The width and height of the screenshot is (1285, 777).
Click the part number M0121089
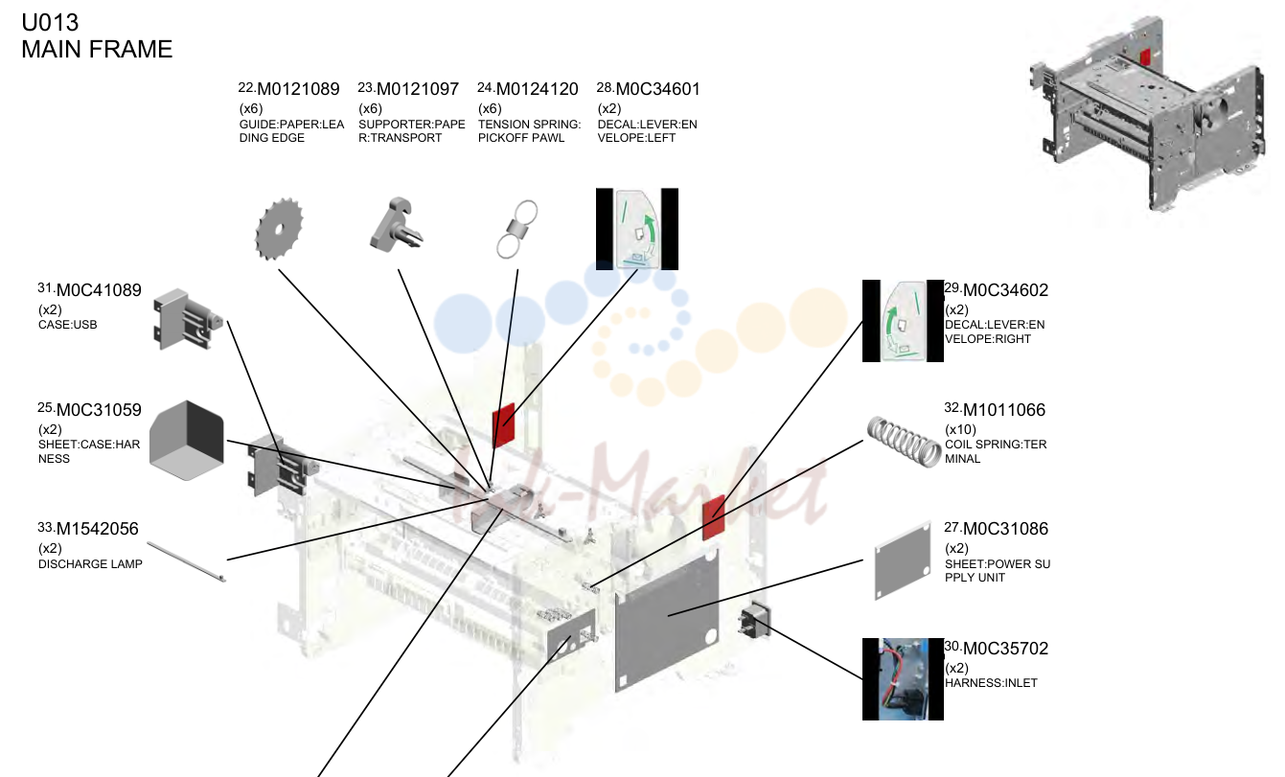coord(298,89)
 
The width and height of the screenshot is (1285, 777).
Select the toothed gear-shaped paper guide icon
coord(279,229)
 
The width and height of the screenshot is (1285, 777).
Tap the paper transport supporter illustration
coord(396,224)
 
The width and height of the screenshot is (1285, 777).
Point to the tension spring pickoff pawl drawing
coord(516,229)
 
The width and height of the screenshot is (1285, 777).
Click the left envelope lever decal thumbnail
coord(637,229)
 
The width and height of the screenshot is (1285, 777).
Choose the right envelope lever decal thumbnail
coord(903,321)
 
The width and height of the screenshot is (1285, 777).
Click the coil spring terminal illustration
coord(904,442)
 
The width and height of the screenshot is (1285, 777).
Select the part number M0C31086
coord(1005,529)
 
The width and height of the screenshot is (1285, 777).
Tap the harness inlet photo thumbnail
coord(903,679)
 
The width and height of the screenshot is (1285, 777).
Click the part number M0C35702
coord(1005,649)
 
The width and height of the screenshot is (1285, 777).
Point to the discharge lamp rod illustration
coord(187,562)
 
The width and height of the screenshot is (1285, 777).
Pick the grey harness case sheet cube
coord(187,441)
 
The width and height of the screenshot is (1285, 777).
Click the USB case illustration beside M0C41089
coord(188,319)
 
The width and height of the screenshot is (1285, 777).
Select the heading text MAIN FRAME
coord(97,49)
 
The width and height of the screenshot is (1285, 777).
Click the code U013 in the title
coord(50,23)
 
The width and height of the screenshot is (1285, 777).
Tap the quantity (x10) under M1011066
coord(960,429)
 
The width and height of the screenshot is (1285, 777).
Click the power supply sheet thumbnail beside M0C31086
coord(903,560)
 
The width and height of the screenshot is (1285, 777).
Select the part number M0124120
coord(537,89)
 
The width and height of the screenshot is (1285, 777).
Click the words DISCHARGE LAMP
coord(90,564)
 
